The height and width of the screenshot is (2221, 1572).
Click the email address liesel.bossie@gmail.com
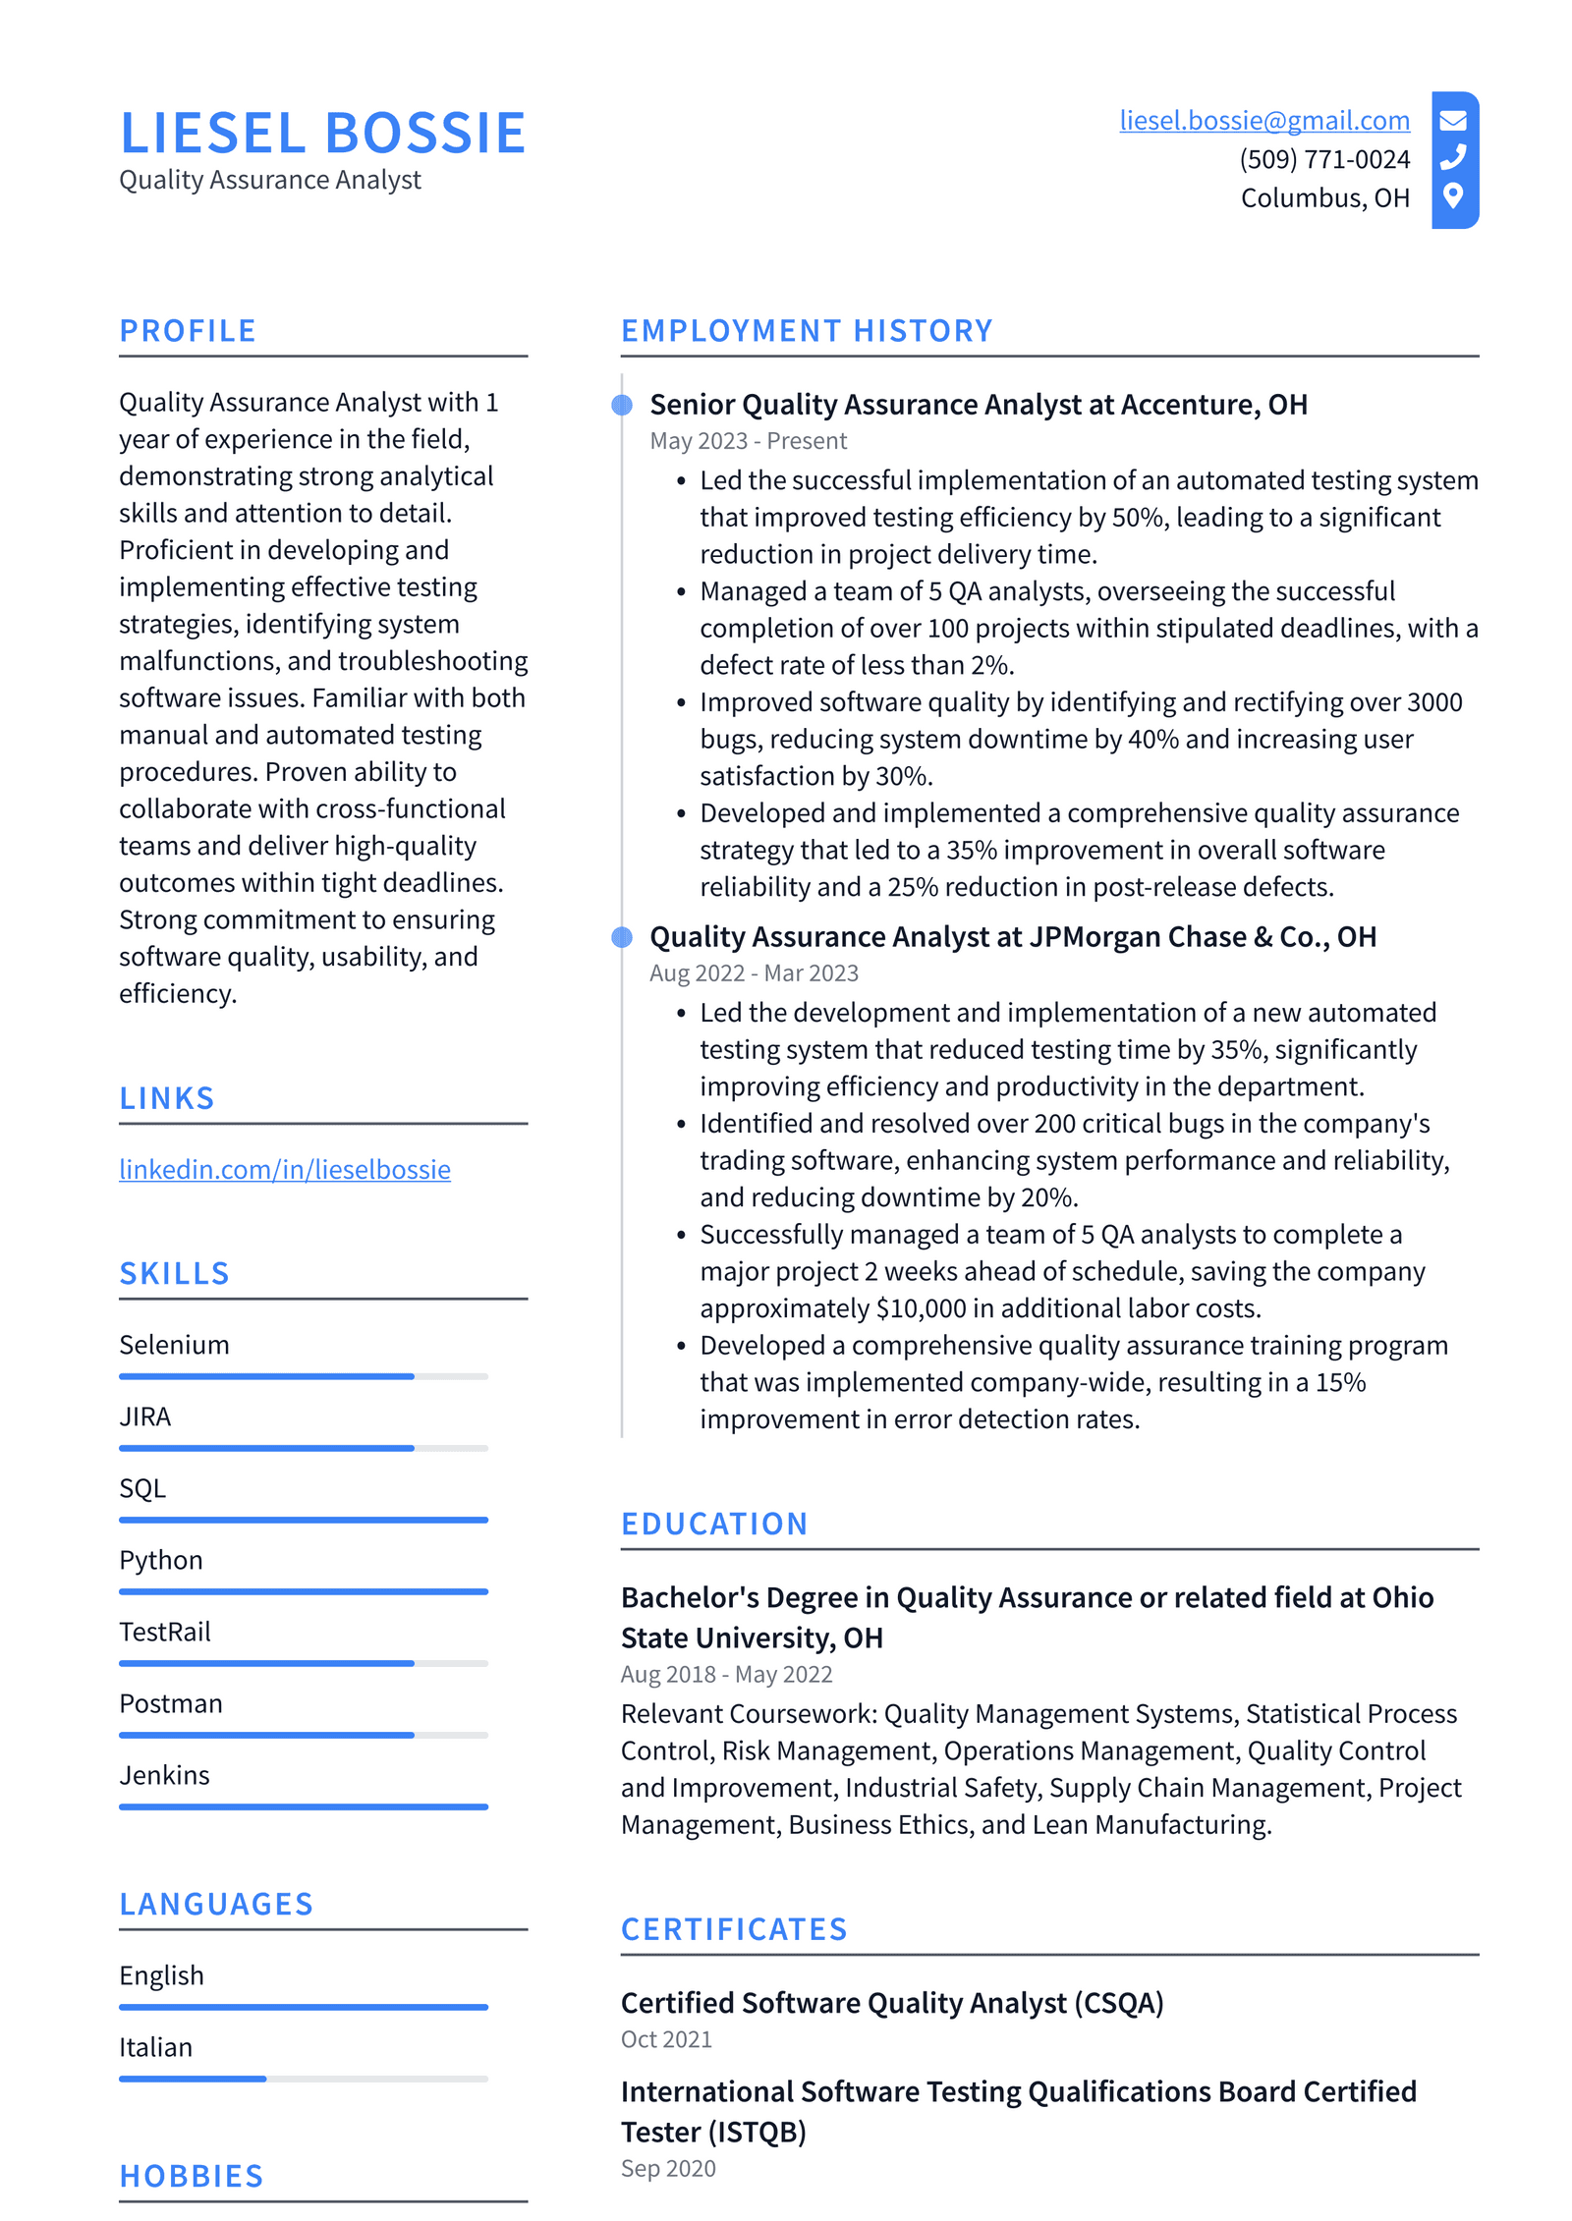(1263, 120)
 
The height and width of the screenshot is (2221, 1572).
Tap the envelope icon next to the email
(1452, 120)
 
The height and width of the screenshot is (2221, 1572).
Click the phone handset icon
(1452, 157)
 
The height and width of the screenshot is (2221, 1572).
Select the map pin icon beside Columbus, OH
(1452, 195)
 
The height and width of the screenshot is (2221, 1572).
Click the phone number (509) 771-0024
(1323, 159)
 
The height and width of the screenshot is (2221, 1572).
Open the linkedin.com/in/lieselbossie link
(285, 1169)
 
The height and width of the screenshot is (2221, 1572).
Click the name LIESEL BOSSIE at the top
(322, 134)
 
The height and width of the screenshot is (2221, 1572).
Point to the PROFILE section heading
(188, 331)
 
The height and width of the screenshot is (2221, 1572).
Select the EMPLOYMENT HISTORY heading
(806, 331)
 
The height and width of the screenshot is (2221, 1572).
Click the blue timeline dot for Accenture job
(622, 405)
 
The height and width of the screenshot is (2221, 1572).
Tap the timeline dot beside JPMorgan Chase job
(622, 937)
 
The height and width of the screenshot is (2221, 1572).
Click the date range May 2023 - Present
(748, 441)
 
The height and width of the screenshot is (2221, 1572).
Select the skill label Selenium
(174, 1345)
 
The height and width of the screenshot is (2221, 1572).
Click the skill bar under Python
(303, 1591)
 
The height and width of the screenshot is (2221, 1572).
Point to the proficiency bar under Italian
(303, 2079)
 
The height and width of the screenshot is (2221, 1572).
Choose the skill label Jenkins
(164, 1775)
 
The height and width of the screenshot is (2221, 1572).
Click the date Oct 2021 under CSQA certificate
(666, 2039)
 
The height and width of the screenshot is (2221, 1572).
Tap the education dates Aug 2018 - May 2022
(726, 1674)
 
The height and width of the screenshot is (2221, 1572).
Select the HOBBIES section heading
(192, 2176)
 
